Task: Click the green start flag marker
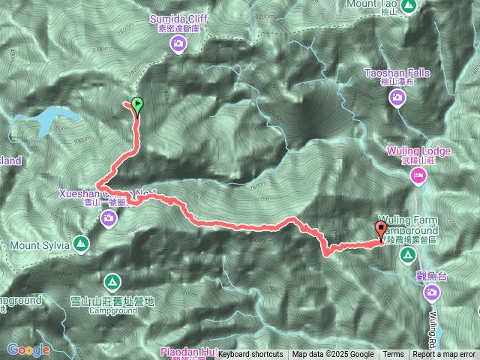point(137,105)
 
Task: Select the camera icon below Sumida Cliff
point(178,44)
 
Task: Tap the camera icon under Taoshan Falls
point(397,103)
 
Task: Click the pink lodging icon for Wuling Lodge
point(418,176)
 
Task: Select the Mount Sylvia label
point(40,244)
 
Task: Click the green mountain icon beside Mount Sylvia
point(80,244)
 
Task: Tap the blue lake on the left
point(52,118)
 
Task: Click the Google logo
point(28,349)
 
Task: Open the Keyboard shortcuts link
point(250,355)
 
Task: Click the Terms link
point(393,355)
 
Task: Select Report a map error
point(445,355)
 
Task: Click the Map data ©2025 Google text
point(333,355)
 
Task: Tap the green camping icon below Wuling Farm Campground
point(407,256)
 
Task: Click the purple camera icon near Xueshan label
point(109,218)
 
